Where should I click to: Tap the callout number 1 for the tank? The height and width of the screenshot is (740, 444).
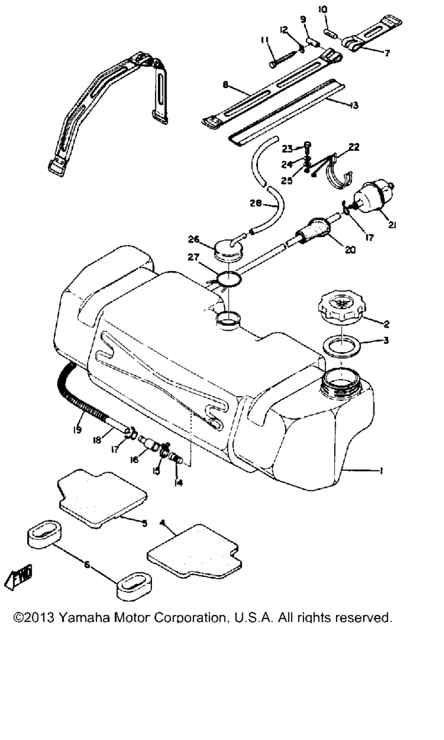pyautogui.click(x=382, y=471)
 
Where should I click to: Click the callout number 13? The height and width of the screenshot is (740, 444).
pyautogui.click(x=353, y=106)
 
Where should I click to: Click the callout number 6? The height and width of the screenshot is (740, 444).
pyautogui.click(x=87, y=565)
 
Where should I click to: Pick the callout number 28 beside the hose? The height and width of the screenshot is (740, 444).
pyautogui.click(x=256, y=203)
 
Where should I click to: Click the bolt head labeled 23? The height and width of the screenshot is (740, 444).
pyautogui.click(x=308, y=145)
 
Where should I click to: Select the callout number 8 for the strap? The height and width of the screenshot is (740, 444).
pyautogui.click(x=225, y=85)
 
